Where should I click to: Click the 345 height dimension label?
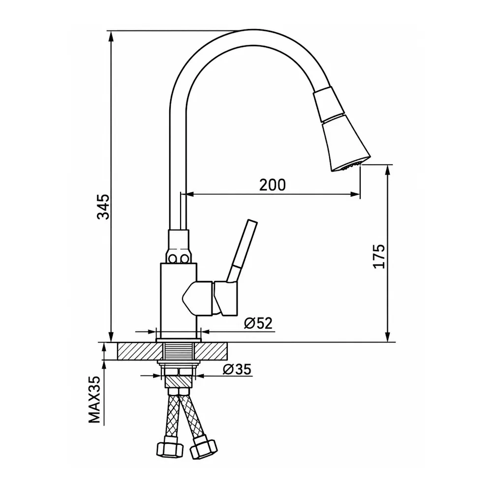pyautogui.click(x=103, y=207)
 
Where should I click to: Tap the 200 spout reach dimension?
pyautogui.click(x=273, y=185)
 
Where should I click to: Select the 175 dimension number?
pyautogui.click(x=379, y=256)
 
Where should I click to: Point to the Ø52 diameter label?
pyautogui.click(x=258, y=323)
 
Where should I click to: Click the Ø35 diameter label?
pyautogui.click(x=237, y=369)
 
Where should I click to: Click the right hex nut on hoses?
pyautogui.click(x=204, y=447)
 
